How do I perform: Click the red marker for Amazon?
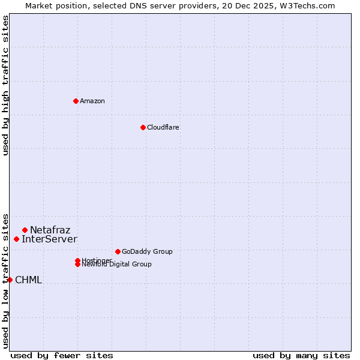[x=76, y=101]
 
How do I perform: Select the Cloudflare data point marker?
[x=143, y=127]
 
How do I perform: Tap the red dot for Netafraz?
[x=25, y=230]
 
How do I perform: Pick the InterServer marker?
[x=16, y=239]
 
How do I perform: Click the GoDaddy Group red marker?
[x=118, y=251]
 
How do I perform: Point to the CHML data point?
[x=10, y=280]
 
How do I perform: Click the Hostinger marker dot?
[x=77, y=260]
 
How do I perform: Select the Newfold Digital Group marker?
[x=77, y=265]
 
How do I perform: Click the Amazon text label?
[x=92, y=101]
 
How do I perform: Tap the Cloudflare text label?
[x=163, y=127]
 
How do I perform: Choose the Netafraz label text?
[x=50, y=230]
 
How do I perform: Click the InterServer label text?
[x=49, y=239]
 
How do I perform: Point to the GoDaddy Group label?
[x=147, y=251]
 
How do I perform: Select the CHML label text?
[x=28, y=280]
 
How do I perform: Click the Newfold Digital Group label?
[x=117, y=265]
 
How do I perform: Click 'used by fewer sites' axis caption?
[x=62, y=355]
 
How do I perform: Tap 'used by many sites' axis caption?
[x=301, y=355]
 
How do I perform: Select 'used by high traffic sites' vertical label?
[x=5, y=85]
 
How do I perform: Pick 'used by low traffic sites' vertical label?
[x=5, y=280]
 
